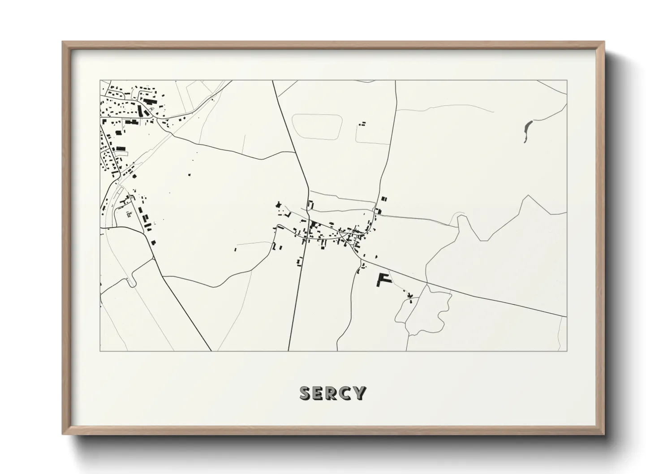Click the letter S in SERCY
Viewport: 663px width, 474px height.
(305, 393)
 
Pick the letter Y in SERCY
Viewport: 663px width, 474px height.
(359, 393)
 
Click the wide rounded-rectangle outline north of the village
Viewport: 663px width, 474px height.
(317, 126)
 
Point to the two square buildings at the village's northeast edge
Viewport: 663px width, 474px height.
(384, 198)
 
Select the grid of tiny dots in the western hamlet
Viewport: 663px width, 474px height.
(129, 214)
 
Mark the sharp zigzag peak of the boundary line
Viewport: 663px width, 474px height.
(529, 196)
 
